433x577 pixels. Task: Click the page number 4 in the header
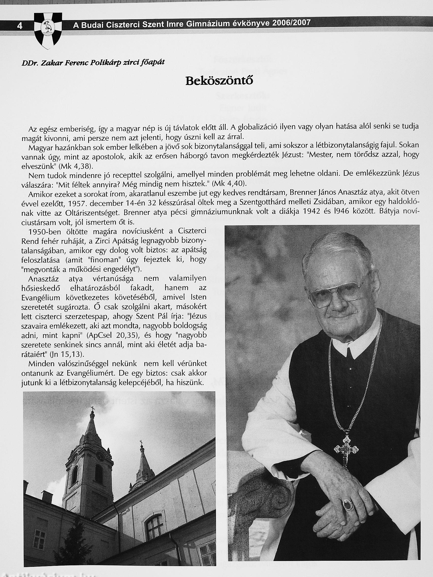coord(20,26)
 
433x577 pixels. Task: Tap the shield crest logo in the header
coord(48,31)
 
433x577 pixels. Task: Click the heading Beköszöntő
coord(219,81)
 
